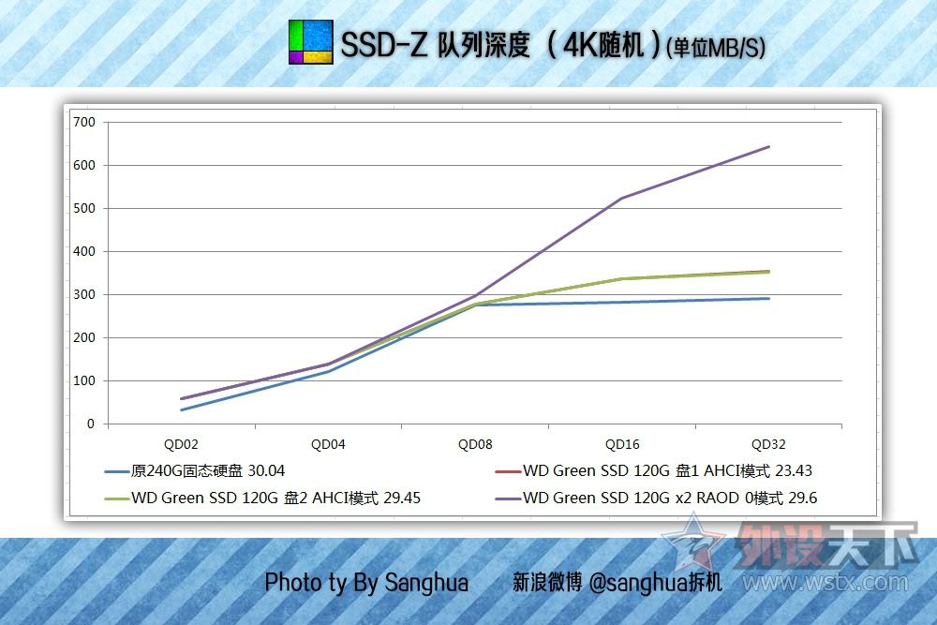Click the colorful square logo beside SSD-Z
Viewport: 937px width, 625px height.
310,42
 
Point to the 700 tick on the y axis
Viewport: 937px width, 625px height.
84,122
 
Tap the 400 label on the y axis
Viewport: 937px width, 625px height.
84,251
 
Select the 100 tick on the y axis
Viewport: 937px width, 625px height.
84,380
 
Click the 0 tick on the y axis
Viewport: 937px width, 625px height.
91,424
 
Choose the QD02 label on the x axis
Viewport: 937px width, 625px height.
182,444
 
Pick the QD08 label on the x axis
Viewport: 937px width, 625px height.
475,444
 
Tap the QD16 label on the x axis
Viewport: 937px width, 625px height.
622,444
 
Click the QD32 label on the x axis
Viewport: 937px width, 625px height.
768,444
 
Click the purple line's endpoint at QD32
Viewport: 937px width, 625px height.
769,146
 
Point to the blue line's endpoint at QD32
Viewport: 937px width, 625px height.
769,298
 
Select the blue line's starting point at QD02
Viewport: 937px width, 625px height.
182,409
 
